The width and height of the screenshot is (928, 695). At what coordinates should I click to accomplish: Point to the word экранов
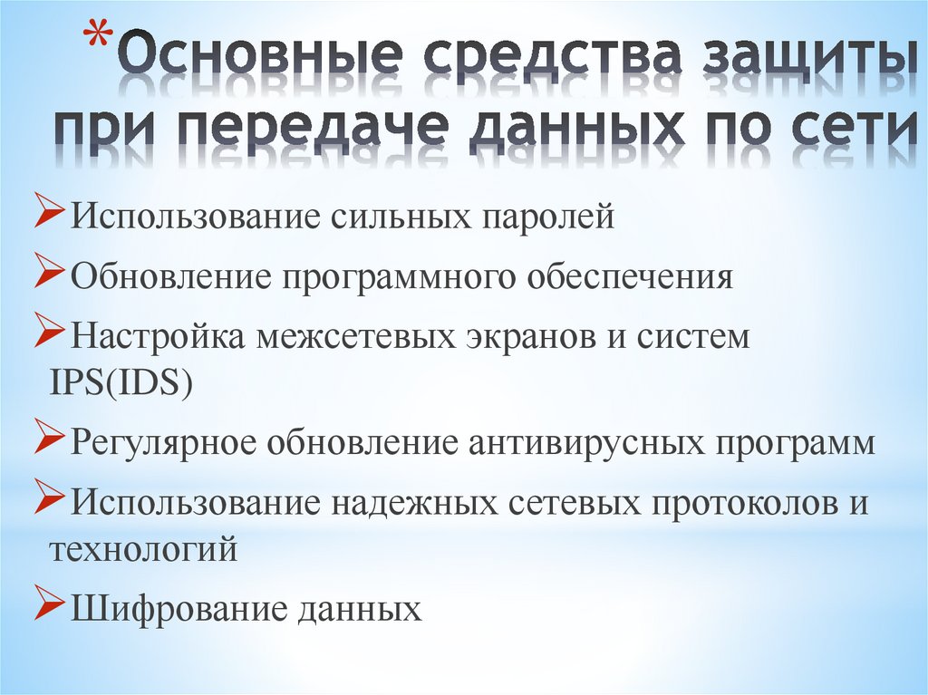point(522,337)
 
